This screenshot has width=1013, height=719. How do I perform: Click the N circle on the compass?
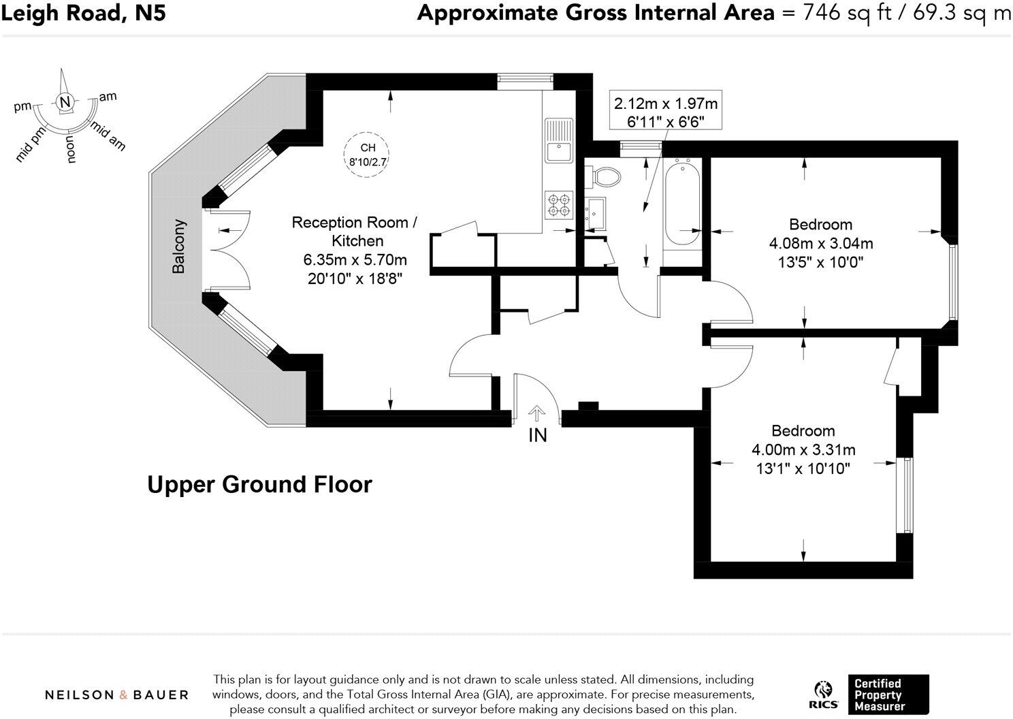point(65,101)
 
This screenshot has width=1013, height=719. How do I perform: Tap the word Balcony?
point(178,246)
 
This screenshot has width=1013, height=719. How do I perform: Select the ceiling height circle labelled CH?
point(366,154)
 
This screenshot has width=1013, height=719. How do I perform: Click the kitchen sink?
point(559,141)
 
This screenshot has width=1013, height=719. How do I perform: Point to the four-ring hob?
point(559,205)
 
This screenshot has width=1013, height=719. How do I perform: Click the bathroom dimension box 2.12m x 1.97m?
point(666,111)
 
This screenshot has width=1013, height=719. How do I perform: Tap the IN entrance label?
point(538,435)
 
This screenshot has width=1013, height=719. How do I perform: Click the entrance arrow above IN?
point(537,413)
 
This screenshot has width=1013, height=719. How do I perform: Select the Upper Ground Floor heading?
point(259,485)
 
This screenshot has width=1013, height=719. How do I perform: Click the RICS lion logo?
point(823,695)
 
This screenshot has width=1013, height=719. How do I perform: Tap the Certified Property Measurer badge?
point(888,694)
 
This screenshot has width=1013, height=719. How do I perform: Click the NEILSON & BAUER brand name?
point(116,695)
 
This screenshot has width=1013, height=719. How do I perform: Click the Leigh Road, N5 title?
point(84,13)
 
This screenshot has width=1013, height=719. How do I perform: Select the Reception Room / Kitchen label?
point(355,231)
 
